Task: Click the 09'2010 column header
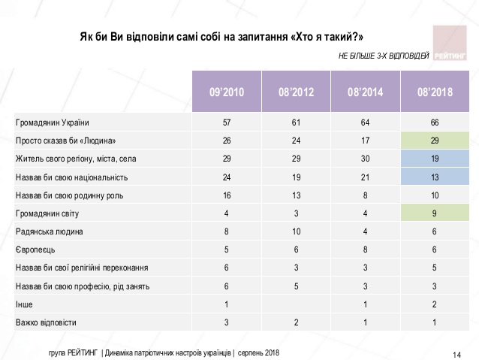pyautogui.click(x=226, y=92)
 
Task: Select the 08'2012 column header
pyautogui.click(x=295, y=92)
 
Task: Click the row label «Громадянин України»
pyautogui.click(x=52, y=122)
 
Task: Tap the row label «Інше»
pyautogui.click(x=24, y=305)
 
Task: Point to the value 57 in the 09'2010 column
pyautogui.click(x=226, y=122)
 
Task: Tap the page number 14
pyautogui.click(x=456, y=353)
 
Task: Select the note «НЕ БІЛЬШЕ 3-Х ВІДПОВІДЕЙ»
pyautogui.click(x=384, y=56)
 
